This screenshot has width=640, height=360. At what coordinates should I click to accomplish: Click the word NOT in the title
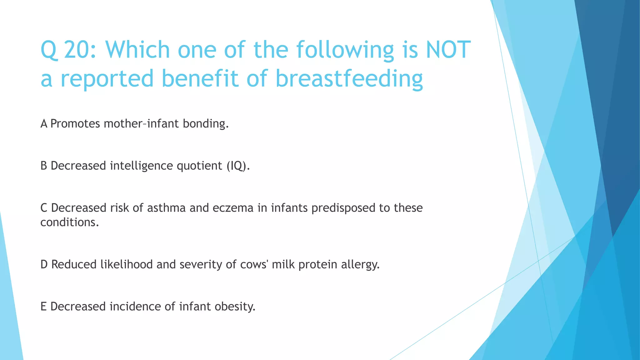pos(448,50)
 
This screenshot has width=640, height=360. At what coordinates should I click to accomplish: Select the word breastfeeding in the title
pos(349,79)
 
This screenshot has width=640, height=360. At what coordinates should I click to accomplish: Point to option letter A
pos(44,124)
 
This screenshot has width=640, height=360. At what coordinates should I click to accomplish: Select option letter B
pos(44,166)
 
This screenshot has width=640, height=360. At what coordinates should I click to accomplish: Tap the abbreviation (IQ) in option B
pos(238,166)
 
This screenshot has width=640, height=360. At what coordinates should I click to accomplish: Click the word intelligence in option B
pos(141,166)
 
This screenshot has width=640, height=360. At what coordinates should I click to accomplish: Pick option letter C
pos(44,208)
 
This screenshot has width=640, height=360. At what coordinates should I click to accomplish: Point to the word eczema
pos(233,208)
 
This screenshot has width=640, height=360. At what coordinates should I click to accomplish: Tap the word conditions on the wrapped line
pos(69,222)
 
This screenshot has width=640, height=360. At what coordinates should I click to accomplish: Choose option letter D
pos(44,264)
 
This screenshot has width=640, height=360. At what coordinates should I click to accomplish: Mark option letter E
pos(43,306)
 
